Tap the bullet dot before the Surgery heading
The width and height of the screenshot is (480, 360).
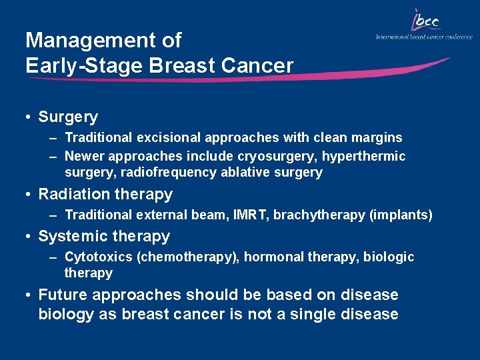pos(29,117)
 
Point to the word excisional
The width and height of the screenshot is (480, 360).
pos(168,138)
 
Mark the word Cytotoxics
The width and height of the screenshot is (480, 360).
pos(98,257)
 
